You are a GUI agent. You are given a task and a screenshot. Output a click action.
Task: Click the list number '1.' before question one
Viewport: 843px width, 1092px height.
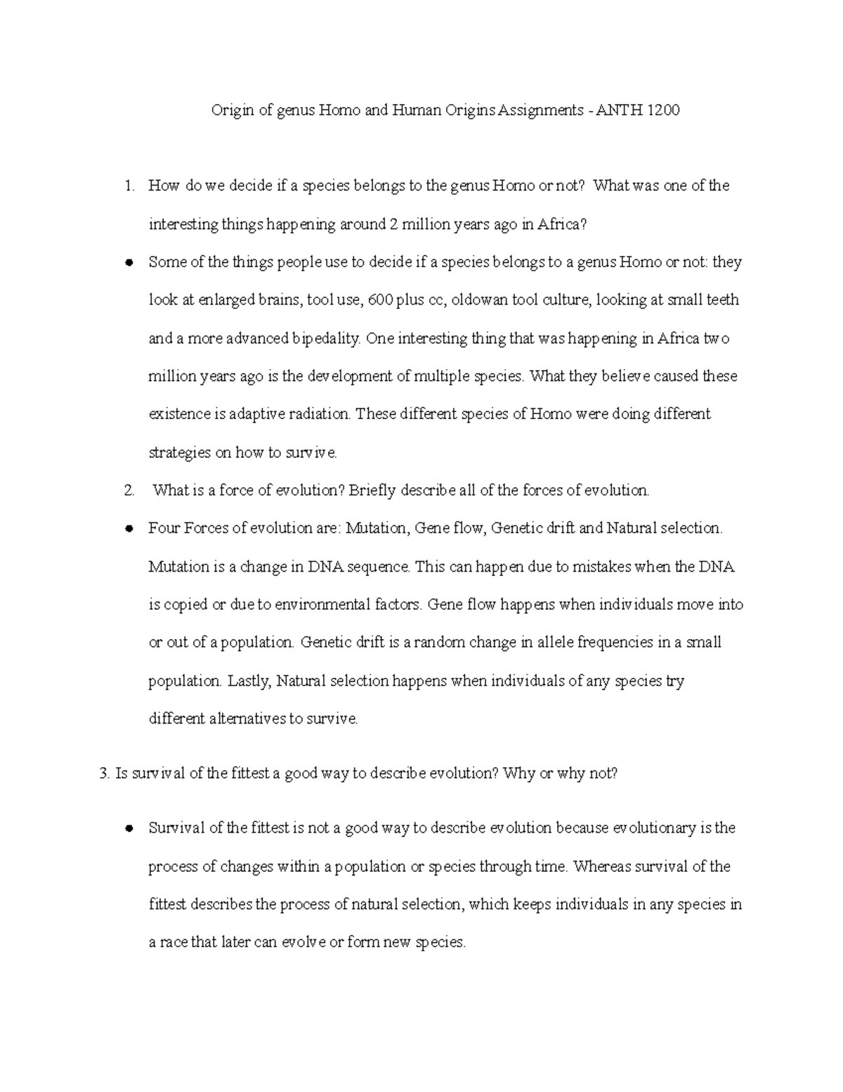coord(129,186)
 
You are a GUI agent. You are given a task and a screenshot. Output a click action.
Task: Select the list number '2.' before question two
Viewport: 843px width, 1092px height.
coord(129,491)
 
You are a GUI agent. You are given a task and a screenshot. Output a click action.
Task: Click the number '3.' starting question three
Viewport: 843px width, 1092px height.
coord(105,773)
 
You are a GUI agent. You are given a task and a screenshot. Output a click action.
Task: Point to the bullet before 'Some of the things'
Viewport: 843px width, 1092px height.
coord(129,263)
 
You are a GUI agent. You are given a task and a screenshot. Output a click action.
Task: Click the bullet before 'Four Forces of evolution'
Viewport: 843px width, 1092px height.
coord(129,529)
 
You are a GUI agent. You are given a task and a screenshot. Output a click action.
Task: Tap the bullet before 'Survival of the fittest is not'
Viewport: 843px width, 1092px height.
coord(129,829)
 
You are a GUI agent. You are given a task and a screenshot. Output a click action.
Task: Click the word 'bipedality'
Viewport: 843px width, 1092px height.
coord(325,339)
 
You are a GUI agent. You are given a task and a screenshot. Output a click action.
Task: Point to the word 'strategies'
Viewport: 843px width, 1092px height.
coord(179,453)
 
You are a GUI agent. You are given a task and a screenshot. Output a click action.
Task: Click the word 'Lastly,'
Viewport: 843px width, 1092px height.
coord(249,681)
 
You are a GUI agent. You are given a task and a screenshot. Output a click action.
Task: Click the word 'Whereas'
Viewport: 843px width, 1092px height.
coord(602,867)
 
